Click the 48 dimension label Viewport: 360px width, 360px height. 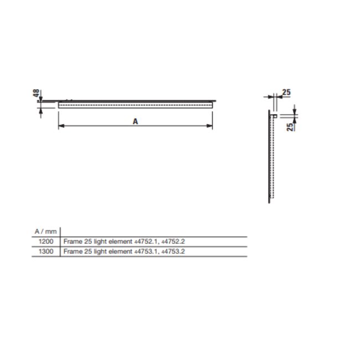point(36,93)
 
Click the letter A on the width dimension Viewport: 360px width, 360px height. point(135,121)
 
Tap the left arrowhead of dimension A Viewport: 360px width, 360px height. point(61,126)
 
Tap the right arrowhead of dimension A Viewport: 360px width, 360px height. point(209,126)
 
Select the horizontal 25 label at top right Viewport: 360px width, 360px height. point(286,92)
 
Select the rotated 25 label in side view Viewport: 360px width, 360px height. point(290,127)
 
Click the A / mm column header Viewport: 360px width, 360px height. point(45,232)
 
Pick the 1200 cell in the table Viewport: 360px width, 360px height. point(46,241)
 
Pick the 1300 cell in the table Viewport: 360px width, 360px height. point(46,251)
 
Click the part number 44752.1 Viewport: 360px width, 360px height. point(146,241)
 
